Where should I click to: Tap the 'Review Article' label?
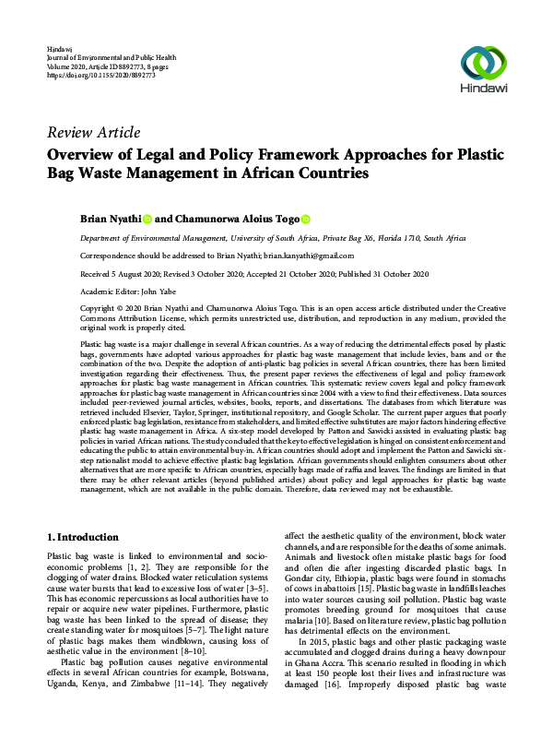pos(93,133)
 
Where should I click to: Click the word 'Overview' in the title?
pos(89,154)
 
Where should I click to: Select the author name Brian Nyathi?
pos(110,219)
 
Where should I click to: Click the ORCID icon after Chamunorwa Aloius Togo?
pos(305,219)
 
